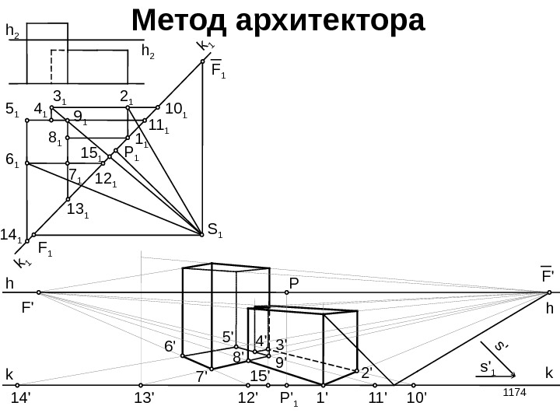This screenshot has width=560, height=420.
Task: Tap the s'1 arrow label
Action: [x=488, y=366]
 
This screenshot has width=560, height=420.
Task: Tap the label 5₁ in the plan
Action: [x=12, y=110]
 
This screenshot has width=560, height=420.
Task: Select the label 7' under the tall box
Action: [x=201, y=376]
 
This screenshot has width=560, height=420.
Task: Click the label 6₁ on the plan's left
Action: [x=12, y=160]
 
